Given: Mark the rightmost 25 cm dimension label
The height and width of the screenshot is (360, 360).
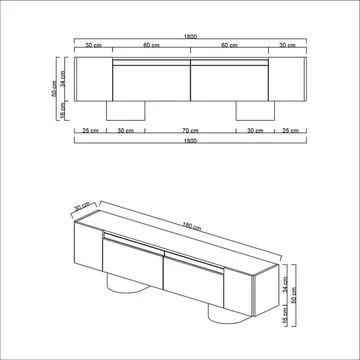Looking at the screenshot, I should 290,130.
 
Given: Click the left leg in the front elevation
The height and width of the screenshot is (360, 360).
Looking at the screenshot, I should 127,110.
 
